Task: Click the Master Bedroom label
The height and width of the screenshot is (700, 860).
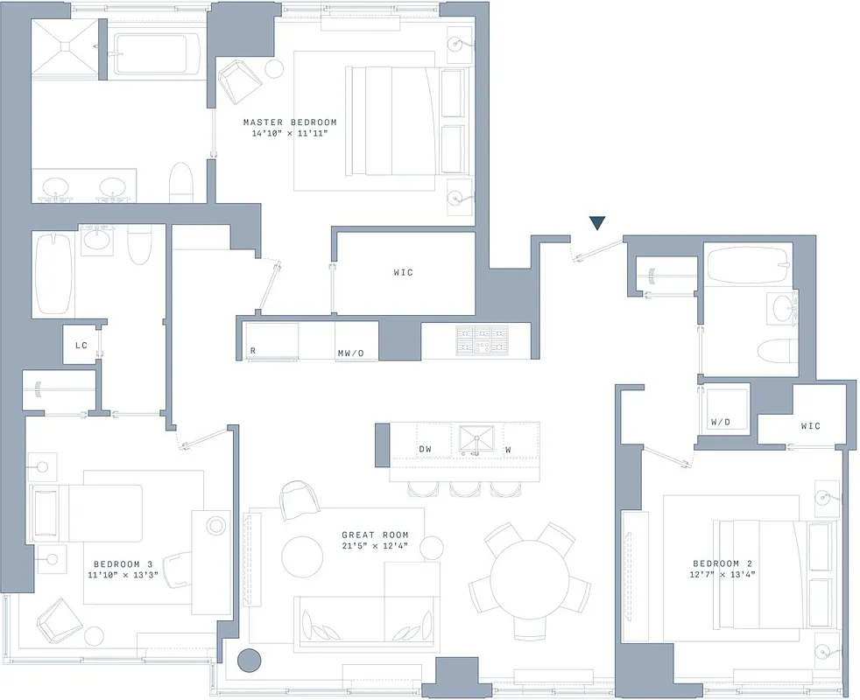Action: tap(289, 122)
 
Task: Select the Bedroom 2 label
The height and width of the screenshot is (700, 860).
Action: tap(722, 563)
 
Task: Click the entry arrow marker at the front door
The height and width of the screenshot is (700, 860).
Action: tap(596, 223)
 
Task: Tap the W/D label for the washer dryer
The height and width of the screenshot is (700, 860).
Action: tap(720, 422)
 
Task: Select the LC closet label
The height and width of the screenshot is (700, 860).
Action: tap(81, 346)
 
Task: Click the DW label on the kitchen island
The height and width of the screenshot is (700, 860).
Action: tap(425, 450)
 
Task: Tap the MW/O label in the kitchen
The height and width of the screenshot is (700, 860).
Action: tap(350, 354)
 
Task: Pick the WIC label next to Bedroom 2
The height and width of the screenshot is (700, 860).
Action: tap(810, 426)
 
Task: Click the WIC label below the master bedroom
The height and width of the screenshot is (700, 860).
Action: tap(403, 273)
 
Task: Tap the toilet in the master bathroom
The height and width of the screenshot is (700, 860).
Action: tap(180, 183)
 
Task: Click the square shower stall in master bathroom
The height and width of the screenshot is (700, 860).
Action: tap(63, 50)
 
